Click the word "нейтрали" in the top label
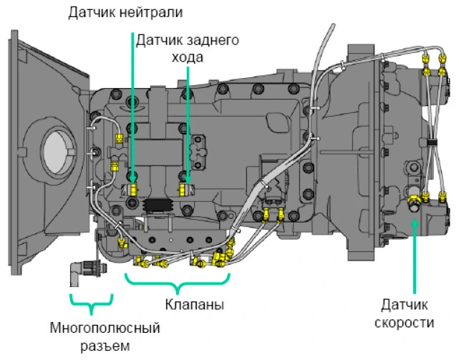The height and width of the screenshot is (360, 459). click(154, 11)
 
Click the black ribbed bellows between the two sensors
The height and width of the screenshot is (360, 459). click(159, 207)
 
